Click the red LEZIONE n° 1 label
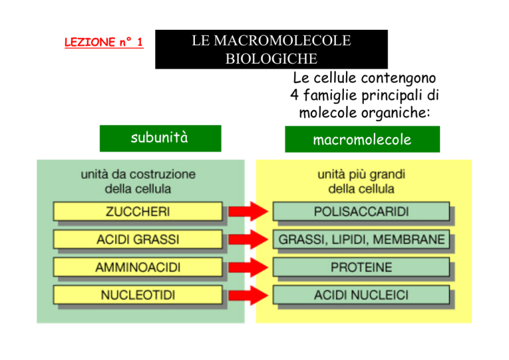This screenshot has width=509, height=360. click(x=104, y=42)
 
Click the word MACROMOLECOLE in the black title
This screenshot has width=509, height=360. click(x=282, y=40)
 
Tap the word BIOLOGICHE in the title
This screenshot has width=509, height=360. click(x=271, y=59)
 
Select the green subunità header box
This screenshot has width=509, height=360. click(x=160, y=139)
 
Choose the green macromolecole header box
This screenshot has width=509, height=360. click(x=363, y=139)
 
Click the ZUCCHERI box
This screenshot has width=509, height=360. click(x=138, y=211)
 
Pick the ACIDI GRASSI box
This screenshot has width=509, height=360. click(x=138, y=239)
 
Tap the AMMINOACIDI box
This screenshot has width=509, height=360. click(x=138, y=267)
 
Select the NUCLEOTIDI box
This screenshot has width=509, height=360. click(x=138, y=295)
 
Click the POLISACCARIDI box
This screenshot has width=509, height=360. click(x=361, y=211)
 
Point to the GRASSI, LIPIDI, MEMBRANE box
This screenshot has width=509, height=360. click(x=361, y=239)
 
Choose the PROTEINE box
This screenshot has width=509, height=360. click(x=361, y=267)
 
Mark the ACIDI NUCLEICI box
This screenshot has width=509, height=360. click(x=361, y=295)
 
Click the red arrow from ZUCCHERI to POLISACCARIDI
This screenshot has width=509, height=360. click(x=249, y=211)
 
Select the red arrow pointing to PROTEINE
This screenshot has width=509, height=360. click(x=249, y=267)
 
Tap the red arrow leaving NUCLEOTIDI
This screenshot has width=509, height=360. click(x=249, y=295)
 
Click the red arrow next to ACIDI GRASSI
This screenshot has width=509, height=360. click(x=249, y=239)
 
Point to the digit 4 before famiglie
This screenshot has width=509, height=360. click(x=294, y=95)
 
